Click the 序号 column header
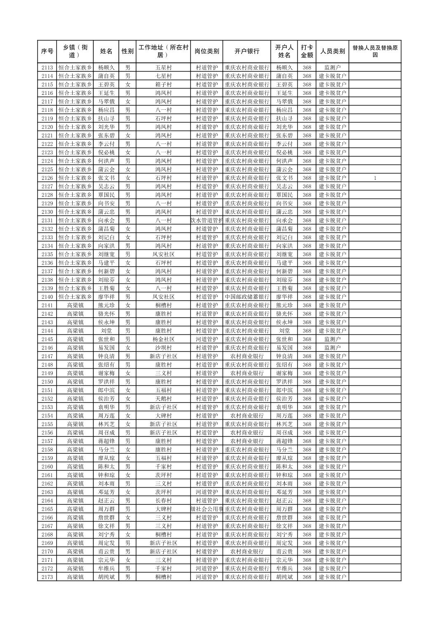tap(47, 52)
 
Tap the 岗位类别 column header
tap(207, 52)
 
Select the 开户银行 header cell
tap(247, 52)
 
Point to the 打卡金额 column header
tap(306, 52)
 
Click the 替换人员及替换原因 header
tap(375, 52)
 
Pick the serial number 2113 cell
tap(47, 68)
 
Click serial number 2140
tap(47, 297)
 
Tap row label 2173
tap(47, 577)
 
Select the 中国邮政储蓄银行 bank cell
tap(247, 297)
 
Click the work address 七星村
tap(163, 76)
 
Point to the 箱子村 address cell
tap(163, 85)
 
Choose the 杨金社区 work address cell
tap(163, 339)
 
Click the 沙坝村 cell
tap(163, 348)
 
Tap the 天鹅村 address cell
tap(163, 399)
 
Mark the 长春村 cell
tap(163, 501)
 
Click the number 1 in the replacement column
tap(375, 178)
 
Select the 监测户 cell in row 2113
tap(332, 68)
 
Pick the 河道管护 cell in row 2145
tap(207, 339)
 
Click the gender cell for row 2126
tap(128, 178)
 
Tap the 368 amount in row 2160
tap(306, 467)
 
